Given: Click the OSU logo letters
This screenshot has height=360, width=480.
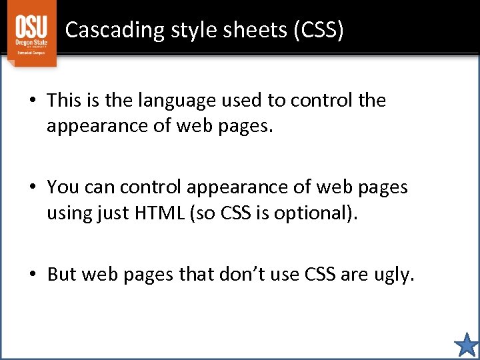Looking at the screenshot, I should (x=31, y=27).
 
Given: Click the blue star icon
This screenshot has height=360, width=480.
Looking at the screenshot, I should (x=466, y=345).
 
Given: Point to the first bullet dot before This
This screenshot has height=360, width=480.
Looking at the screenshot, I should (x=32, y=101).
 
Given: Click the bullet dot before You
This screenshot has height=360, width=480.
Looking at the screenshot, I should (x=32, y=188).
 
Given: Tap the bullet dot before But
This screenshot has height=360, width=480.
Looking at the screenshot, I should (x=32, y=275).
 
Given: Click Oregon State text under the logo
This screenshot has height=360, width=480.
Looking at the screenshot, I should (x=31, y=44).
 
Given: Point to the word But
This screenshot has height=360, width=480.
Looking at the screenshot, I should (x=63, y=274).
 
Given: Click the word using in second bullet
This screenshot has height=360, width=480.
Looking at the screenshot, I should (x=73, y=214).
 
